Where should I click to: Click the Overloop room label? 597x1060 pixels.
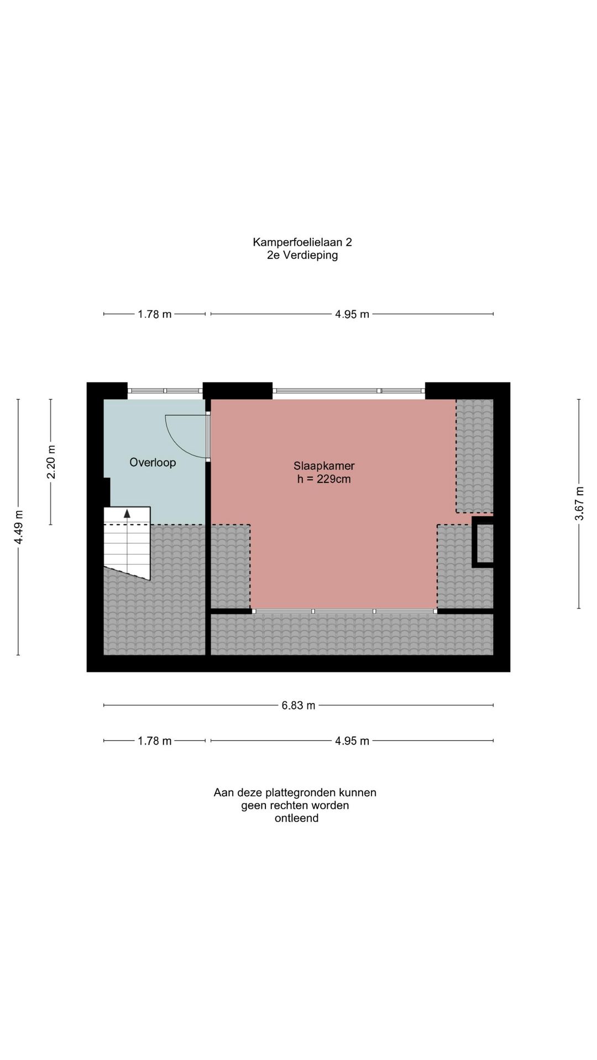pyautogui.click(x=153, y=463)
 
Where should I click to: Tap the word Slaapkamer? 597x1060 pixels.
pyautogui.click(x=324, y=466)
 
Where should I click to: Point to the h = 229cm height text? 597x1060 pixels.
pyautogui.click(x=324, y=479)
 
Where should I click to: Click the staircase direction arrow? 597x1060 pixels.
pyautogui.click(x=127, y=513)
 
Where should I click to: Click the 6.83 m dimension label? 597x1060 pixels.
pyautogui.click(x=298, y=706)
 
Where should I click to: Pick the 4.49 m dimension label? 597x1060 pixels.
pyautogui.click(x=18, y=533)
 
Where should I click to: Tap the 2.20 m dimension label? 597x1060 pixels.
pyautogui.click(x=51, y=462)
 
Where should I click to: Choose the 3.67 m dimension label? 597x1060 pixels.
pyautogui.click(x=579, y=504)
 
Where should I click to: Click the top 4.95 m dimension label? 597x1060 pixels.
pyautogui.click(x=352, y=315)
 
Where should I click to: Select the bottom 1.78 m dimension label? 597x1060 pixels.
pyautogui.click(x=155, y=741)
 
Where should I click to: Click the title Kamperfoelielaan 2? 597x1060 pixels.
pyautogui.click(x=302, y=242)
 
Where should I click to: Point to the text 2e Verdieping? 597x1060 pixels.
pyautogui.click(x=302, y=255)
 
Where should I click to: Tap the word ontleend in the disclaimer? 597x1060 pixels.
pyautogui.click(x=296, y=818)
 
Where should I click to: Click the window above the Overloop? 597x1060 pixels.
pyautogui.click(x=165, y=390)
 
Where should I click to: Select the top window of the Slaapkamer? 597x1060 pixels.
pyautogui.click(x=349, y=390)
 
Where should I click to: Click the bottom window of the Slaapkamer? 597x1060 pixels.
pyautogui.click(x=344, y=611)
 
